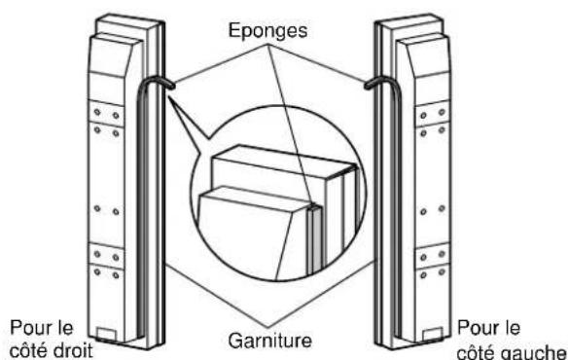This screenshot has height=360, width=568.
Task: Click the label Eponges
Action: pyautogui.click(x=267, y=31)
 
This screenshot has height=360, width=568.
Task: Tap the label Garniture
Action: pyautogui.click(x=269, y=341)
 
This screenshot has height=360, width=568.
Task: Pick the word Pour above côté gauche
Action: pyautogui.click(x=475, y=328)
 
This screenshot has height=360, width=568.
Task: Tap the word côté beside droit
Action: pyautogui.click(x=25, y=350)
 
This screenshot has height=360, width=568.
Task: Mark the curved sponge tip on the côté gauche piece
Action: pyautogui.click(x=369, y=86)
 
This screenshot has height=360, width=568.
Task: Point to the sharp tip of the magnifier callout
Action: pyautogui.click(x=168, y=96)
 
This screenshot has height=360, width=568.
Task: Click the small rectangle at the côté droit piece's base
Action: pyautogui.click(x=107, y=334)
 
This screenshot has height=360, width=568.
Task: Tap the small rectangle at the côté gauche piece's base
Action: pyautogui.click(x=433, y=334)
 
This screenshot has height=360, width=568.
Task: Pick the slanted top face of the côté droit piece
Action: pyautogui.click(x=116, y=54)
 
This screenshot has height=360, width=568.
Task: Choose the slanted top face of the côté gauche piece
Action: pyautogui.click(x=424, y=54)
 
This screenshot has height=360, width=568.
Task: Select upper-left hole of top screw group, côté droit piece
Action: pyautogui.click(x=97, y=112)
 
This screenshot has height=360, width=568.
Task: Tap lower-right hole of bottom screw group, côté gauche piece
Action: pyautogui.click(x=442, y=271)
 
